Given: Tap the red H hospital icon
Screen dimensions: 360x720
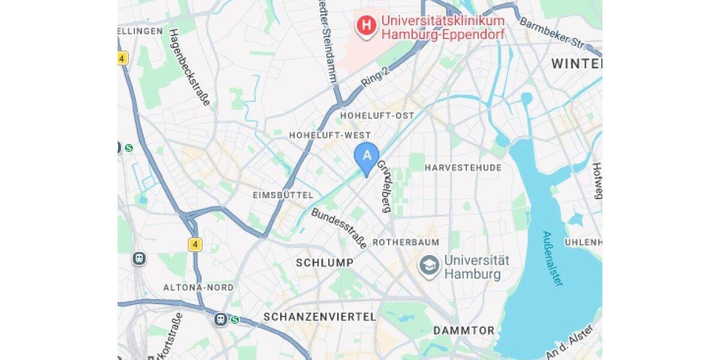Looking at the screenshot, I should [x=365, y=26].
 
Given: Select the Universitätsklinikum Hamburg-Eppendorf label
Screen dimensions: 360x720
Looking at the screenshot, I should [x=443, y=28].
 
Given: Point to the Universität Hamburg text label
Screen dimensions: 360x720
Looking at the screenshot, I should [x=476, y=268].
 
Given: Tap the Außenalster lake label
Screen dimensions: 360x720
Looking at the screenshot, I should [x=553, y=258].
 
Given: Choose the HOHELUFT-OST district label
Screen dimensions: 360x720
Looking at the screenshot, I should [x=377, y=115].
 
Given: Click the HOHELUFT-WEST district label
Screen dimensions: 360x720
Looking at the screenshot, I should [x=330, y=136].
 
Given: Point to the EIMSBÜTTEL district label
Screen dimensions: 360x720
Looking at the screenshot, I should [x=283, y=196].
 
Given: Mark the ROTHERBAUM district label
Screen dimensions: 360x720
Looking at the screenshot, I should [x=406, y=242].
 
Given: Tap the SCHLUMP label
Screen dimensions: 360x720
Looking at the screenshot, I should [x=325, y=263].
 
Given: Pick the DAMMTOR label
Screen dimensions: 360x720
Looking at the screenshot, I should [x=464, y=331].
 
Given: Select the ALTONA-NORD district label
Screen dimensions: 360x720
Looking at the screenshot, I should [x=199, y=287].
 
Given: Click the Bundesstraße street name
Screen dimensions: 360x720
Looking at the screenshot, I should [x=339, y=229].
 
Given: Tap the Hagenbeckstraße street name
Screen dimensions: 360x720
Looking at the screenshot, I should [x=190, y=67].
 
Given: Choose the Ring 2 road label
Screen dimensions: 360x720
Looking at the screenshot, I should [x=375, y=77].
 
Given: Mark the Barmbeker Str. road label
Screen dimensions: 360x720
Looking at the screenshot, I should [x=551, y=34].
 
